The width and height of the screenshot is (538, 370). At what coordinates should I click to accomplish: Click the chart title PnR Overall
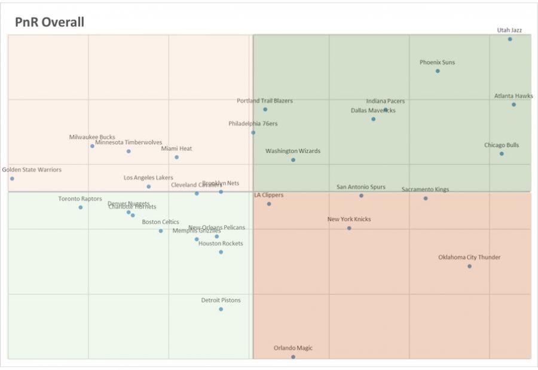[50, 22]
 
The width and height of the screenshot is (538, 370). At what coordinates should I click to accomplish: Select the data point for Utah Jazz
[510, 39]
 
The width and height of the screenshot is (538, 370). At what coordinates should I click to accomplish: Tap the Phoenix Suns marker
[438, 71]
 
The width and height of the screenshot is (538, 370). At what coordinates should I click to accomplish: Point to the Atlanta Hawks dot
[513, 105]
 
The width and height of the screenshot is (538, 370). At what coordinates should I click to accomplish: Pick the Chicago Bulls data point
[502, 154]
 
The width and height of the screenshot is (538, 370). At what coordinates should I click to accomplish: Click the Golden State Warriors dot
[12, 178]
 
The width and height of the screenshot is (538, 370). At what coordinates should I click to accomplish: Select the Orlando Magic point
[293, 357]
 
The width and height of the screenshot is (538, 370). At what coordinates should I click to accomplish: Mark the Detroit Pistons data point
[221, 309]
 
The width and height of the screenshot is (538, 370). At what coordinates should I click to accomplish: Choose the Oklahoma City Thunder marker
[469, 266]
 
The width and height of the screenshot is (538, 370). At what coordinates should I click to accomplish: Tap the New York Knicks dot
[349, 228]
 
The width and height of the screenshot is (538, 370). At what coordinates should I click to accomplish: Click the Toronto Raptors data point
[80, 207]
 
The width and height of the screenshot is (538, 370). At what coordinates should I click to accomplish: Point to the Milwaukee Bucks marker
[92, 146]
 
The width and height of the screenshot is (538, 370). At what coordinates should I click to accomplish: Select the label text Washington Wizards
[293, 151]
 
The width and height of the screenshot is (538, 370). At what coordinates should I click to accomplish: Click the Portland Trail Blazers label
[265, 101]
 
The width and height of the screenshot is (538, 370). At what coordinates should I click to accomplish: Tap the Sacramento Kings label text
[425, 189]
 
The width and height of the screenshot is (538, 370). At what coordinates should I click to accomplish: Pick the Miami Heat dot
[176, 157]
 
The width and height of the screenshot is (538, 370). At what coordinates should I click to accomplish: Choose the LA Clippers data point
[269, 204]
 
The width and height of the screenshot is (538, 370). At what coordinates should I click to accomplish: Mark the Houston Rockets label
[221, 243]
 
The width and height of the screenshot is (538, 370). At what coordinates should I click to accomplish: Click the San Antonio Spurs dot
[361, 195]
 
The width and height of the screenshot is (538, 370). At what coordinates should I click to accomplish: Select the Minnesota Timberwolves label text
[129, 142]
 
